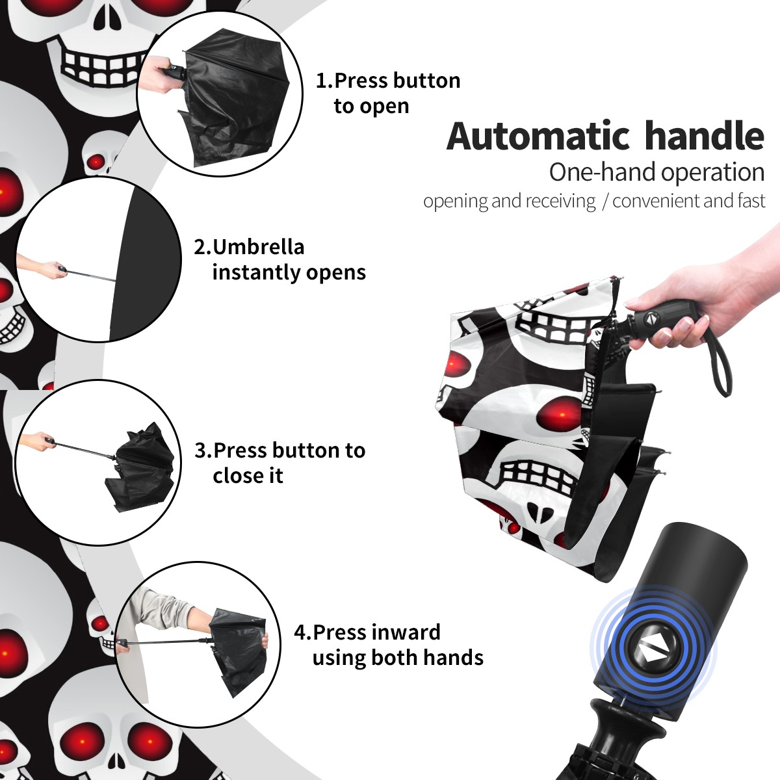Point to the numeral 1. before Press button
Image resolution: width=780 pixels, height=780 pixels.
coord(324,81)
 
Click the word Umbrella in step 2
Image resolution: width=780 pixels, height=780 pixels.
coord(258,247)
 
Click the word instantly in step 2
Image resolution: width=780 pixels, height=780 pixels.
coord(256,272)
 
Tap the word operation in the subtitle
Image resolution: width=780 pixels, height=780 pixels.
coord(712,172)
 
